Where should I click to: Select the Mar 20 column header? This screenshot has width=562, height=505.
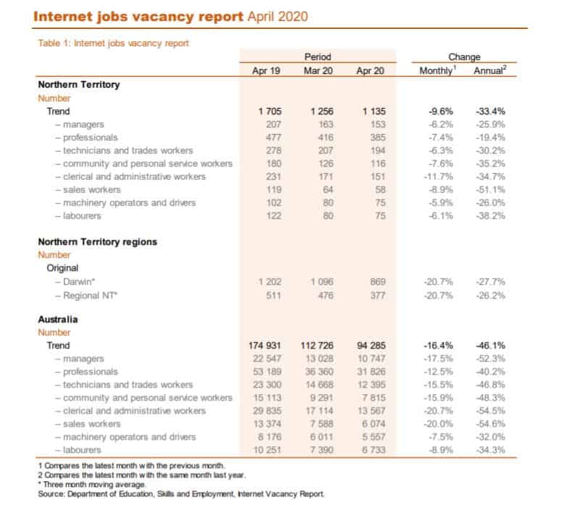pos(318,70)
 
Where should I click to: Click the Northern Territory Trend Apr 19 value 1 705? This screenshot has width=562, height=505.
pos(266,112)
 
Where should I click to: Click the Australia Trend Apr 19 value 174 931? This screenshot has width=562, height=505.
pos(261,346)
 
